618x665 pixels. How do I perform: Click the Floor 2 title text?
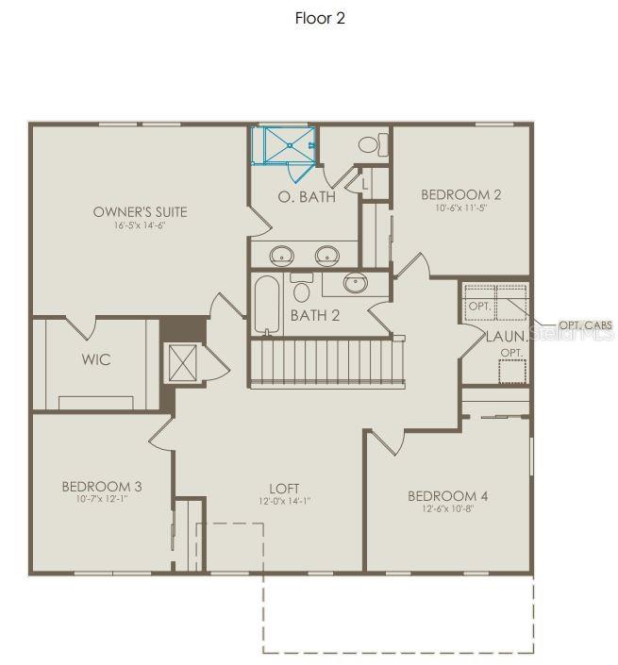tap(320, 19)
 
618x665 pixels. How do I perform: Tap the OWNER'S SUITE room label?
tap(140, 211)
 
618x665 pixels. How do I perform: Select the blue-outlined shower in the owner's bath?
tap(284, 144)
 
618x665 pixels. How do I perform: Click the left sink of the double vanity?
tap(282, 255)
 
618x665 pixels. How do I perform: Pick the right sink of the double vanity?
tap(326, 255)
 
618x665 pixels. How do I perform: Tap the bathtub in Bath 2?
tap(266, 304)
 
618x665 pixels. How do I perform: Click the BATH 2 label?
tap(315, 315)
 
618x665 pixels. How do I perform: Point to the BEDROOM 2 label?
tap(460, 194)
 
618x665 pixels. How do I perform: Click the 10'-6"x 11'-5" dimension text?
tap(460, 209)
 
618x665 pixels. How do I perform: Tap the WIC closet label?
tap(95, 359)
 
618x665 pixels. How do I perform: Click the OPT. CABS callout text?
tap(585, 325)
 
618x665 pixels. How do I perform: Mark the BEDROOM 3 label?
tap(102, 487)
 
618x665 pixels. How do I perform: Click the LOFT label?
tap(284, 488)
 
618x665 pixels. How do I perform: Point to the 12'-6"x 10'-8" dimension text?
tap(447, 510)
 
